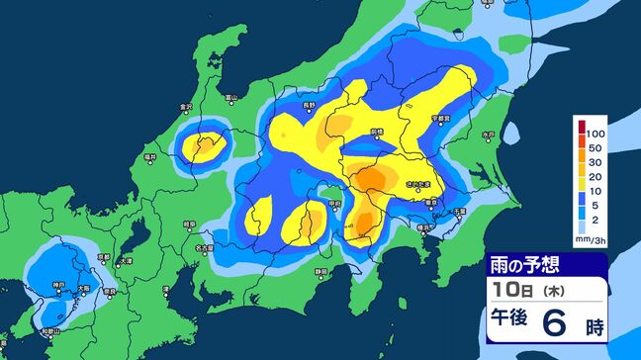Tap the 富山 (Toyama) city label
pyautogui.click(x=230, y=97)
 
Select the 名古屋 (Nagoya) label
pyautogui.click(x=204, y=248)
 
